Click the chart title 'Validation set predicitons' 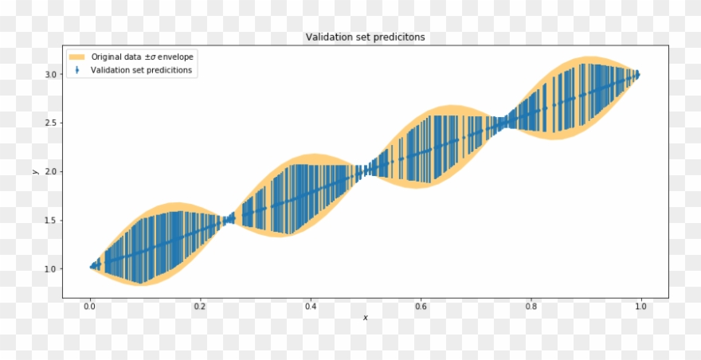(365, 37)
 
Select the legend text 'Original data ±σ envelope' (142, 57)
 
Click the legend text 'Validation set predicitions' (141, 70)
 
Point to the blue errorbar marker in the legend (77, 70)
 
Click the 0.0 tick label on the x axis (90, 306)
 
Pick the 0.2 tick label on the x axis (200, 306)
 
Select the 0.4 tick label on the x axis (310, 306)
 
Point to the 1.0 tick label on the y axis (49, 268)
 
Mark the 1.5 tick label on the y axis (49, 220)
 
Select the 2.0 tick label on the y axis (49, 171)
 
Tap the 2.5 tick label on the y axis (49, 123)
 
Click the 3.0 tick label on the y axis (49, 74)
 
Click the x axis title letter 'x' (365, 318)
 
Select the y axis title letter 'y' (34, 171)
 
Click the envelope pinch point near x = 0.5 (365, 170)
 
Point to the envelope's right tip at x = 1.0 (639, 74)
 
